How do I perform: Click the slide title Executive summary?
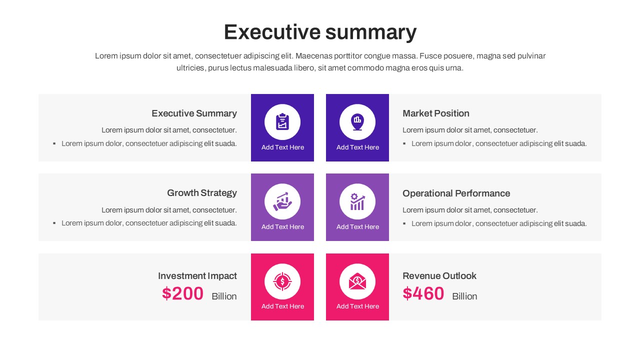click(x=320, y=32)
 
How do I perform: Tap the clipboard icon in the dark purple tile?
click(x=282, y=121)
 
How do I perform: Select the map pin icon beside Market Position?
click(x=357, y=121)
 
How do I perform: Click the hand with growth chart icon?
click(x=282, y=201)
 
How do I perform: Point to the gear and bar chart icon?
click(x=357, y=201)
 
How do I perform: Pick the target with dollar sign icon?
click(x=282, y=281)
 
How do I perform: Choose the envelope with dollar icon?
click(x=357, y=281)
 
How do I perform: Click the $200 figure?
click(x=182, y=293)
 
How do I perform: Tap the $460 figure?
click(x=423, y=293)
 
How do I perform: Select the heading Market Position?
click(x=435, y=113)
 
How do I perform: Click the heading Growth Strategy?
click(x=201, y=193)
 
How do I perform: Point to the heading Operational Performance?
click(x=456, y=193)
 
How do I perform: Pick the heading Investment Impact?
click(x=197, y=276)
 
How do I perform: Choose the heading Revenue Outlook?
click(x=439, y=276)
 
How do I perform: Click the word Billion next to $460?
click(x=464, y=296)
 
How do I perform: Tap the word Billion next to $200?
click(x=224, y=296)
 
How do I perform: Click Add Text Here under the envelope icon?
click(x=357, y=306)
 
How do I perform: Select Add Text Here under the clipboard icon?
click(x=282, y=147)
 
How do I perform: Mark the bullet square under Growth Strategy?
click(x=54, y=223)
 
